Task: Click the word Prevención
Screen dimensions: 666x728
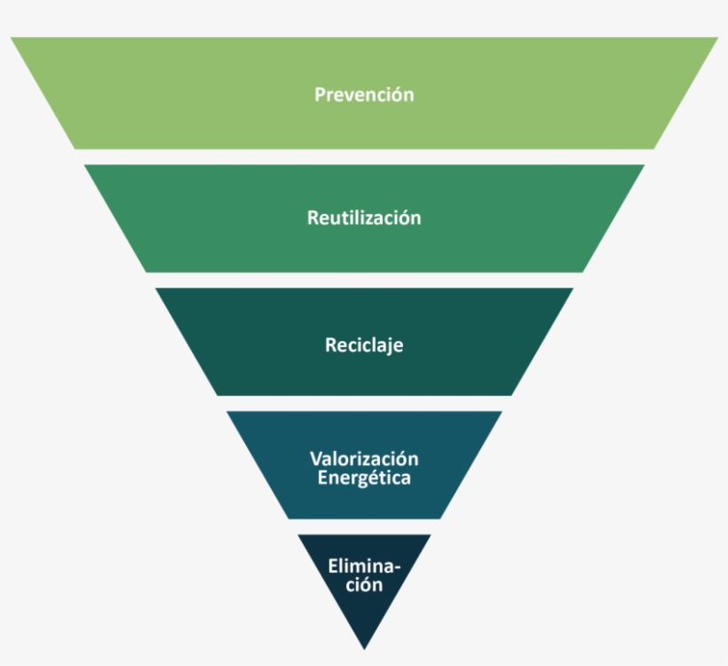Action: pyautogui.click(x=364, y=94)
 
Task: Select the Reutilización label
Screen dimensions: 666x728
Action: pyautogui.click(x=364, y=218)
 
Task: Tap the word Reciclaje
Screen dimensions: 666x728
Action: pyautogui.click(x=364, y=345)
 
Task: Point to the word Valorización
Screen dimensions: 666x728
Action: pyautogui.click(x=364, y=458)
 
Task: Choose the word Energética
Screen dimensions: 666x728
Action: pyautogui.click(x=364, y=478)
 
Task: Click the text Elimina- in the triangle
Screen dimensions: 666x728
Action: pyautogui.click(x=364, y=566)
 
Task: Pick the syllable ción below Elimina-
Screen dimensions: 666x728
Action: pyautogui.click(x=364, y=584)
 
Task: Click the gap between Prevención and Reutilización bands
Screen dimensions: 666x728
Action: pyautogui.click(x=364, y=156)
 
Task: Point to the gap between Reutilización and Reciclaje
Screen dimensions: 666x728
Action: pyautogui.click(x=364, y=280)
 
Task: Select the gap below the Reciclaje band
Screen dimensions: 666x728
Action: pyautogui.click(x=364, y=403)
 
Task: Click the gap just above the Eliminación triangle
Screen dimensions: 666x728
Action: pyautogui.click(x=364, y=527)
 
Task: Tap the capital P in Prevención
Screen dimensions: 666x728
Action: pyautogui.click(x=320, y=94)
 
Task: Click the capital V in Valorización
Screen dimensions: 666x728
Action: pyautogui.click(x=315, y=458)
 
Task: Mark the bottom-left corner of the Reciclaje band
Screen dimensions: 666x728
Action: pyautogui.click(x=217, y=394)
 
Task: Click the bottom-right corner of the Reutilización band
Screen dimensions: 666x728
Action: pyautogui.click(x=583, y=271)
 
